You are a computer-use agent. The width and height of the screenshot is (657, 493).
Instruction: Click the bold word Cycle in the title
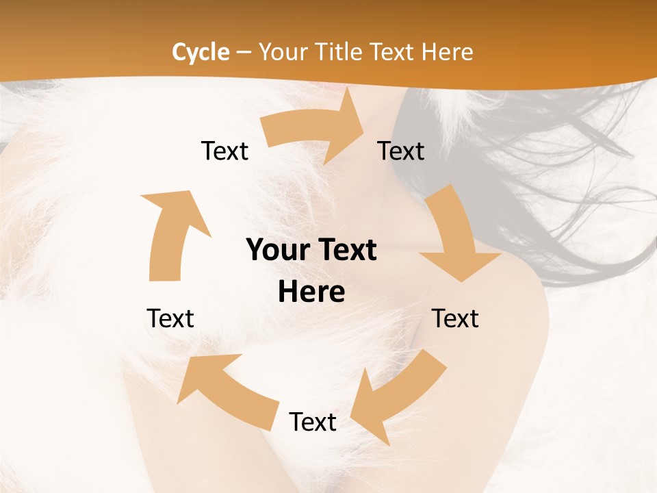[x=201, y=52]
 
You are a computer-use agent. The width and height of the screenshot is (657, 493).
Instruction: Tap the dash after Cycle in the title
[x=244, y=52]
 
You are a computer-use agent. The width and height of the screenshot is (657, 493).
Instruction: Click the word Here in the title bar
[x=448, y=52]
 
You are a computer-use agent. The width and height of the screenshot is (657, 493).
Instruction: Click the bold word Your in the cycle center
[x=276, y=251]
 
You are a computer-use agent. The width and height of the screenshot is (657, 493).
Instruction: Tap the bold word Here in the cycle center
[x=311, y=292]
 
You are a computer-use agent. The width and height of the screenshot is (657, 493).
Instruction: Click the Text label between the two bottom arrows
[x=313, y=422]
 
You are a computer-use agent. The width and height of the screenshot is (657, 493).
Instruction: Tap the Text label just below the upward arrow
[x=170, y=318]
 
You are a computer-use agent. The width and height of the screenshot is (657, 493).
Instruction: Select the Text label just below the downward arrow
[x=455, y=318]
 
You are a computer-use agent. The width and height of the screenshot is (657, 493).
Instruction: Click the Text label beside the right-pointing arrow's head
[x=401, y=151]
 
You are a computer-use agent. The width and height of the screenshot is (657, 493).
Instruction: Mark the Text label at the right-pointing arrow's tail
[x=224, y=151]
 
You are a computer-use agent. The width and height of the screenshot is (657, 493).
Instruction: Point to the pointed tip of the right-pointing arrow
[x=363, y=127]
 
